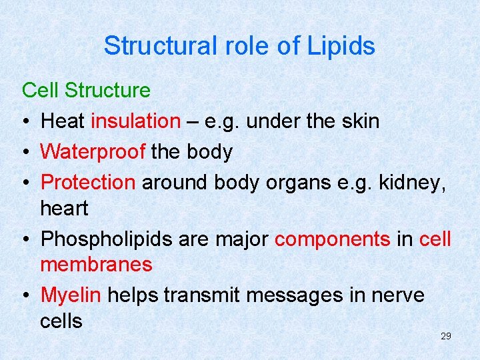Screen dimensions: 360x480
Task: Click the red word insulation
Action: coord(135,121)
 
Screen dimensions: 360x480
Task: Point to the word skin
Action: coord(358,121)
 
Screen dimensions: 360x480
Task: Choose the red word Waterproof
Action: coord(93,152)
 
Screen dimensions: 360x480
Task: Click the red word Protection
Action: coord(88,183)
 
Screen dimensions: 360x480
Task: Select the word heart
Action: coord(64,209)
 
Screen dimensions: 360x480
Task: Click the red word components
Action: coord(332,239)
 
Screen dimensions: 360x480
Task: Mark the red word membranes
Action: coord(96,265)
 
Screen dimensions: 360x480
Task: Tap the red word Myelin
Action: coord(71,295)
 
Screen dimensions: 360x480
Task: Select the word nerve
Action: coord(396,295)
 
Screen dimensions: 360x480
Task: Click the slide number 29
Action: coord(445,336)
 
